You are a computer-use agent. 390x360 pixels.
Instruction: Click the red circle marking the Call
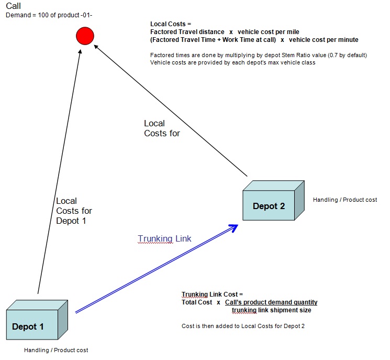coord(85,36)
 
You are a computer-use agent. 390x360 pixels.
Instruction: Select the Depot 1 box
coord(37,320)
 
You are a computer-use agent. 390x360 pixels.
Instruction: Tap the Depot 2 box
coord(274,200)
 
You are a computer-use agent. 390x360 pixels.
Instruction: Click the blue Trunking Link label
coord(164,238)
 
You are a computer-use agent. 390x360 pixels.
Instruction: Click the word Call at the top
coord(13,6)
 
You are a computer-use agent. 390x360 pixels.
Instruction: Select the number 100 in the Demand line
coord(43,15)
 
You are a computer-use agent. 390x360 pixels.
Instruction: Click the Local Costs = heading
coord(171,24)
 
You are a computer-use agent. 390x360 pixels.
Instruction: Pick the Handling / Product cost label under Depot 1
coord(56,350)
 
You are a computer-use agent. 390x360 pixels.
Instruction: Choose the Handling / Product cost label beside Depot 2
coord(345,200)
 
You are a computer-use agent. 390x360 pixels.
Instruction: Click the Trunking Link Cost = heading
coord(212,294)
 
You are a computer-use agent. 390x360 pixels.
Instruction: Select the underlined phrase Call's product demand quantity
coord(271,302)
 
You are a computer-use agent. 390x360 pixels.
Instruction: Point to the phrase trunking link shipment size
coord(271,310)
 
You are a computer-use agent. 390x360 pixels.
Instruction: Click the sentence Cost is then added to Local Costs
coord(243,326)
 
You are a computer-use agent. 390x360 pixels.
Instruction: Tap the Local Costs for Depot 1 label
coord(74,211)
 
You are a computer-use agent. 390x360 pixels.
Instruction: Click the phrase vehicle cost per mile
coord(269,32)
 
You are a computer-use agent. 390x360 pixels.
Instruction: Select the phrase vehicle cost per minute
coord(324,40)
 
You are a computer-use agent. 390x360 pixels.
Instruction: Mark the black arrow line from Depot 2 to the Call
coord(171,111)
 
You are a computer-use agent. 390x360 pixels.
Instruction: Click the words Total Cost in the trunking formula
coord(197,302)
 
